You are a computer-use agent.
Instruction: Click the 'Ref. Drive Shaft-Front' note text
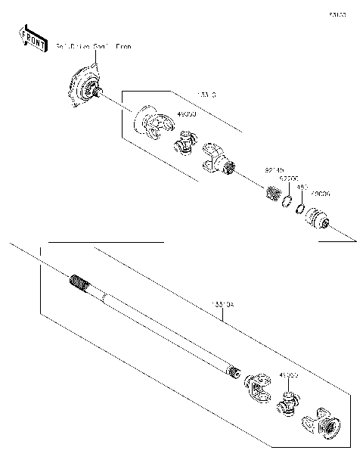(93, 47)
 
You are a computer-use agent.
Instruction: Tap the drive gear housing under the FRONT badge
(85, 88)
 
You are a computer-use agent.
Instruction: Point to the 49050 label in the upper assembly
(186, 113)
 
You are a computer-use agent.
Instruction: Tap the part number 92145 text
(274, 171)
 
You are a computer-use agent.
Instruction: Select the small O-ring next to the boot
(300, 208)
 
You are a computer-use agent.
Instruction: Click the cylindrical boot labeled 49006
(318, 219)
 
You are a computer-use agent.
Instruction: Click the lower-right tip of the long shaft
(234, 371)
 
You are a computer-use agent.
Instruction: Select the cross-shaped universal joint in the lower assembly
(287, 403)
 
